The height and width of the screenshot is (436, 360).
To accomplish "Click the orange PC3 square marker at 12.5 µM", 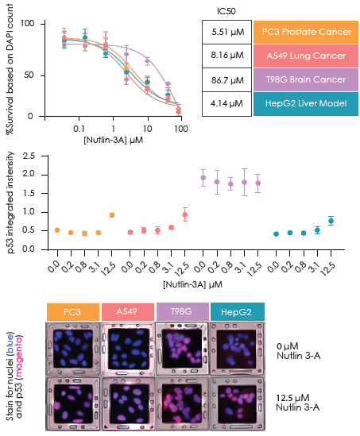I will point(112,215).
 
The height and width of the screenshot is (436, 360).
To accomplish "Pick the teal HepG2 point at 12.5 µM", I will point(331,220).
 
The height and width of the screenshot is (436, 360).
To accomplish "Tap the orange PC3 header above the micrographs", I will point(73,311).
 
